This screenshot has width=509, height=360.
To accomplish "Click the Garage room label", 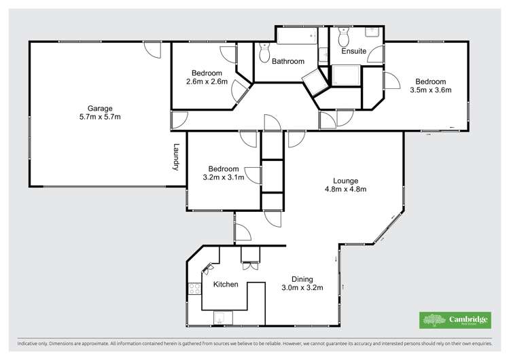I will coord(99,108).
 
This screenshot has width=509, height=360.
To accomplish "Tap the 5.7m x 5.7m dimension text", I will coord(99,117).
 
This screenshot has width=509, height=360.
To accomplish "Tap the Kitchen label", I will coord(226,285).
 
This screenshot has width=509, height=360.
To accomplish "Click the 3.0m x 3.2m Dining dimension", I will coord(302,287).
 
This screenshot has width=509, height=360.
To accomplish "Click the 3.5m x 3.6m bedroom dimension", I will coord(430,89).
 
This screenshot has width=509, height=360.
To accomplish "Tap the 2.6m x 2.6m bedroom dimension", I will coord(206,82).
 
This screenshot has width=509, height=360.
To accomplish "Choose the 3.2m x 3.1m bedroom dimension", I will coord(224,178).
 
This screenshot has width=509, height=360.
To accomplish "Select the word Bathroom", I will coord(288,62).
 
